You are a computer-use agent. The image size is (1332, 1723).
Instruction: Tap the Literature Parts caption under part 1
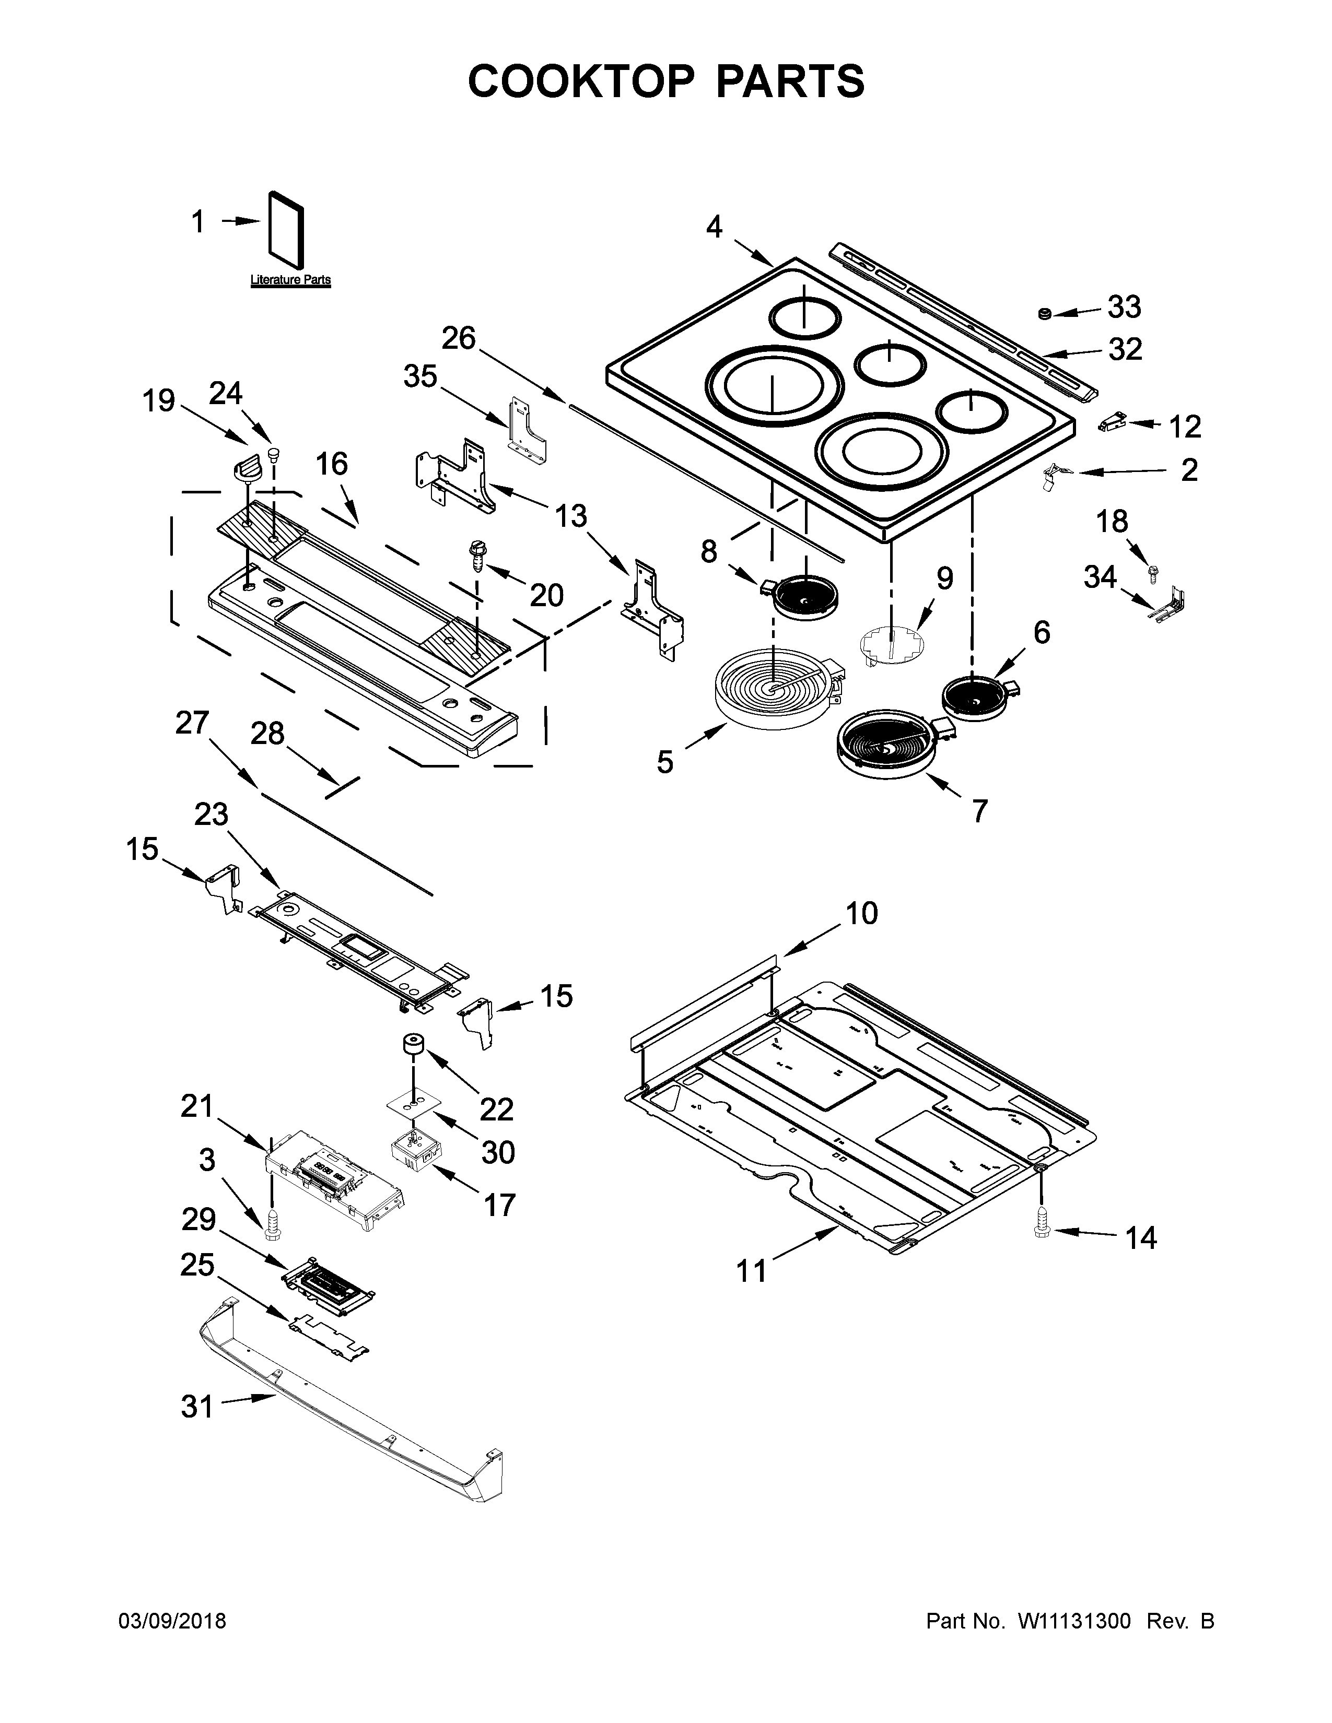point(290,280)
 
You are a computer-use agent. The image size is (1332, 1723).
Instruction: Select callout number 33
point(1124,307)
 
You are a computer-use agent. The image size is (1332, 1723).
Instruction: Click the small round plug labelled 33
point(1045,314)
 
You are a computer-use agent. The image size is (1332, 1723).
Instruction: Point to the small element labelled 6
point(977,693)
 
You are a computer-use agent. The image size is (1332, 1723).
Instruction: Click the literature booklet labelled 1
point(286,227)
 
